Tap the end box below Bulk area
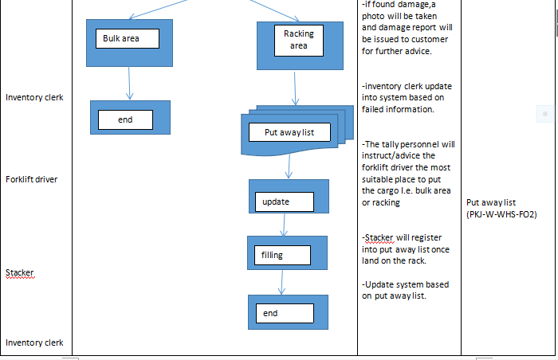[x=130, y=117]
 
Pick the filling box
[x=287, y=252]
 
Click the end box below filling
[x=288, y=311]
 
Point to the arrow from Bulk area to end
[x=129, y=84]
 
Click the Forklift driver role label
[x=31, y=179]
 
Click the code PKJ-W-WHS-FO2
[x=501, y=215]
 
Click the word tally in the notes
[x=391, y=144]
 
